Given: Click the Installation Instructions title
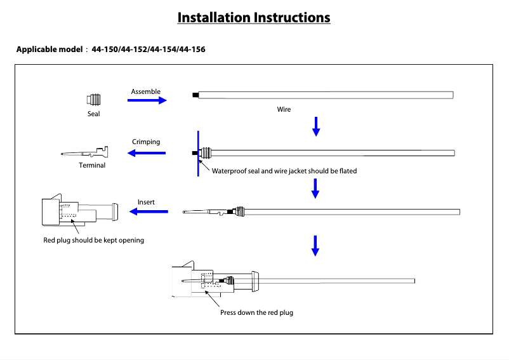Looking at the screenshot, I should tap(254, 17).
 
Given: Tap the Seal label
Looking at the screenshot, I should tap(93, 114).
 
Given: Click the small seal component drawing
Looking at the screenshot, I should tap(93, 100).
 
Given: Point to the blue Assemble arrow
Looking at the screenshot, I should tap(147, 100).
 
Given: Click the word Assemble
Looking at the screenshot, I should tap(145, 91).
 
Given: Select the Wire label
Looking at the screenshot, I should tap(284, 109).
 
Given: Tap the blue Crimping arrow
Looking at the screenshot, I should tap(147, 152).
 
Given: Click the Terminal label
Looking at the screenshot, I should tap(92, 165).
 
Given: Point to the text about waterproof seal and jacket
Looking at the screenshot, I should tap(284, 171).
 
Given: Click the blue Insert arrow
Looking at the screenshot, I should tap(149, 211).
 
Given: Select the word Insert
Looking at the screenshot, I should tap(146, 202).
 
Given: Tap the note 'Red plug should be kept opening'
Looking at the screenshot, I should tap(93, 240).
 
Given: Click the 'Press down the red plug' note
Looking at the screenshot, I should tap(256, 312).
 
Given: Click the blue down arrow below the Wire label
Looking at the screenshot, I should tap(316, 127).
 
